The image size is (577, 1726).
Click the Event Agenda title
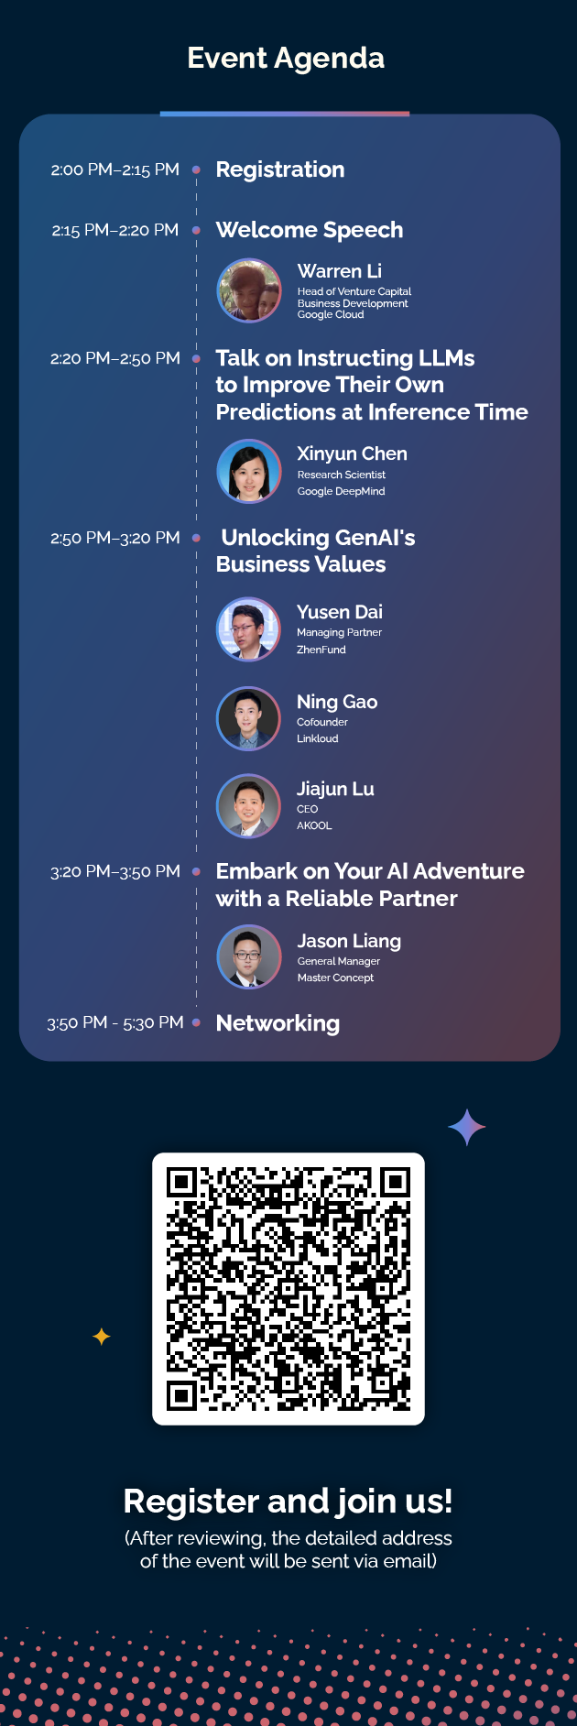(x=286, y=59)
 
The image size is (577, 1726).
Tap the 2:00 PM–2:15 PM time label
(x=115, y=169)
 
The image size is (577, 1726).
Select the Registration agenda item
(x=280, y=169)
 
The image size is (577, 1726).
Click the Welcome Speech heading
(x=310, y=230)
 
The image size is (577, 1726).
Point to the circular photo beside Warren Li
(x=249, y=290)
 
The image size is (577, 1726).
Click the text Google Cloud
(x=331, y=315)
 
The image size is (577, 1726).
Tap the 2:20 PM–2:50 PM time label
(x=115, y=358)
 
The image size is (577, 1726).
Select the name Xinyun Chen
(x=352, y=453)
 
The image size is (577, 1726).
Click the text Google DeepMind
(x=341, y=491)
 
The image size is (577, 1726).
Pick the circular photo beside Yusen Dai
(x=249, y=629)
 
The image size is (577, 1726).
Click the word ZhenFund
(x=321, y=650)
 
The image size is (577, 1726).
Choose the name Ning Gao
(x=337, y=702)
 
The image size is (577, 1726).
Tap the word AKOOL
(x=314, y=825)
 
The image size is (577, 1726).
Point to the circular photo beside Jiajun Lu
(x=249, y=806)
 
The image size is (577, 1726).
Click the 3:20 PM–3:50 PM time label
(x=115, y=871)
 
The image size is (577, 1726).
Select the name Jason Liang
(x=349, y=941)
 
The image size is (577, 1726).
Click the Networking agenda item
(x=278, y=1023)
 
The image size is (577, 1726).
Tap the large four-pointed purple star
(x=467, y=1128)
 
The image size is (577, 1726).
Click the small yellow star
(x=102, y=1337)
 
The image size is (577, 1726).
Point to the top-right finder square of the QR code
(x=395, y=1182)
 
